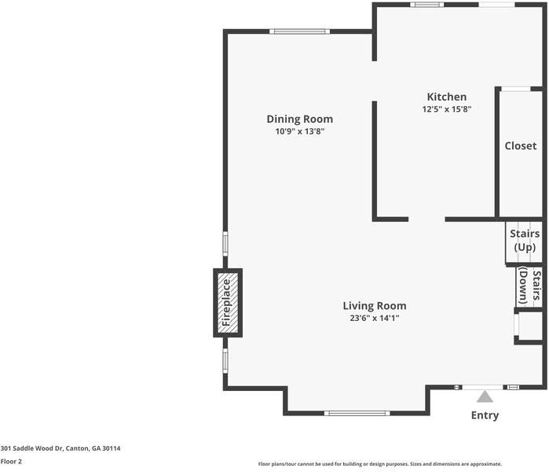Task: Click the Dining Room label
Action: [299, 119]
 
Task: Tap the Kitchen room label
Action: [446, 97]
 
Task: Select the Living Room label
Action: [374, 306]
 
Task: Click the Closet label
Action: [520, 146]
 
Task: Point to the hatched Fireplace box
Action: [228, 303]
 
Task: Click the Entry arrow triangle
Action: [485, 396]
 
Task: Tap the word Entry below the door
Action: [485, 415]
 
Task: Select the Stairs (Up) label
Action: [524, 241]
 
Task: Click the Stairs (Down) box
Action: [529, 287]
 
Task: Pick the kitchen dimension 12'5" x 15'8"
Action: [446, 110]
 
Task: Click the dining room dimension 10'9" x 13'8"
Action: [299, 132]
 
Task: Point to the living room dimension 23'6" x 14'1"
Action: [374, 319]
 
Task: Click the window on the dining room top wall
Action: [299, 31]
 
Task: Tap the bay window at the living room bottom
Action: [357, 413]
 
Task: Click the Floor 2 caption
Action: [11, 462]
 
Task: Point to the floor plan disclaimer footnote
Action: [379, 464]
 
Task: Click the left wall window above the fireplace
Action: [225, 242]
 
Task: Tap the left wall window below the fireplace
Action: [225, 361]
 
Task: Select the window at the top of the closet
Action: [514, 88]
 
